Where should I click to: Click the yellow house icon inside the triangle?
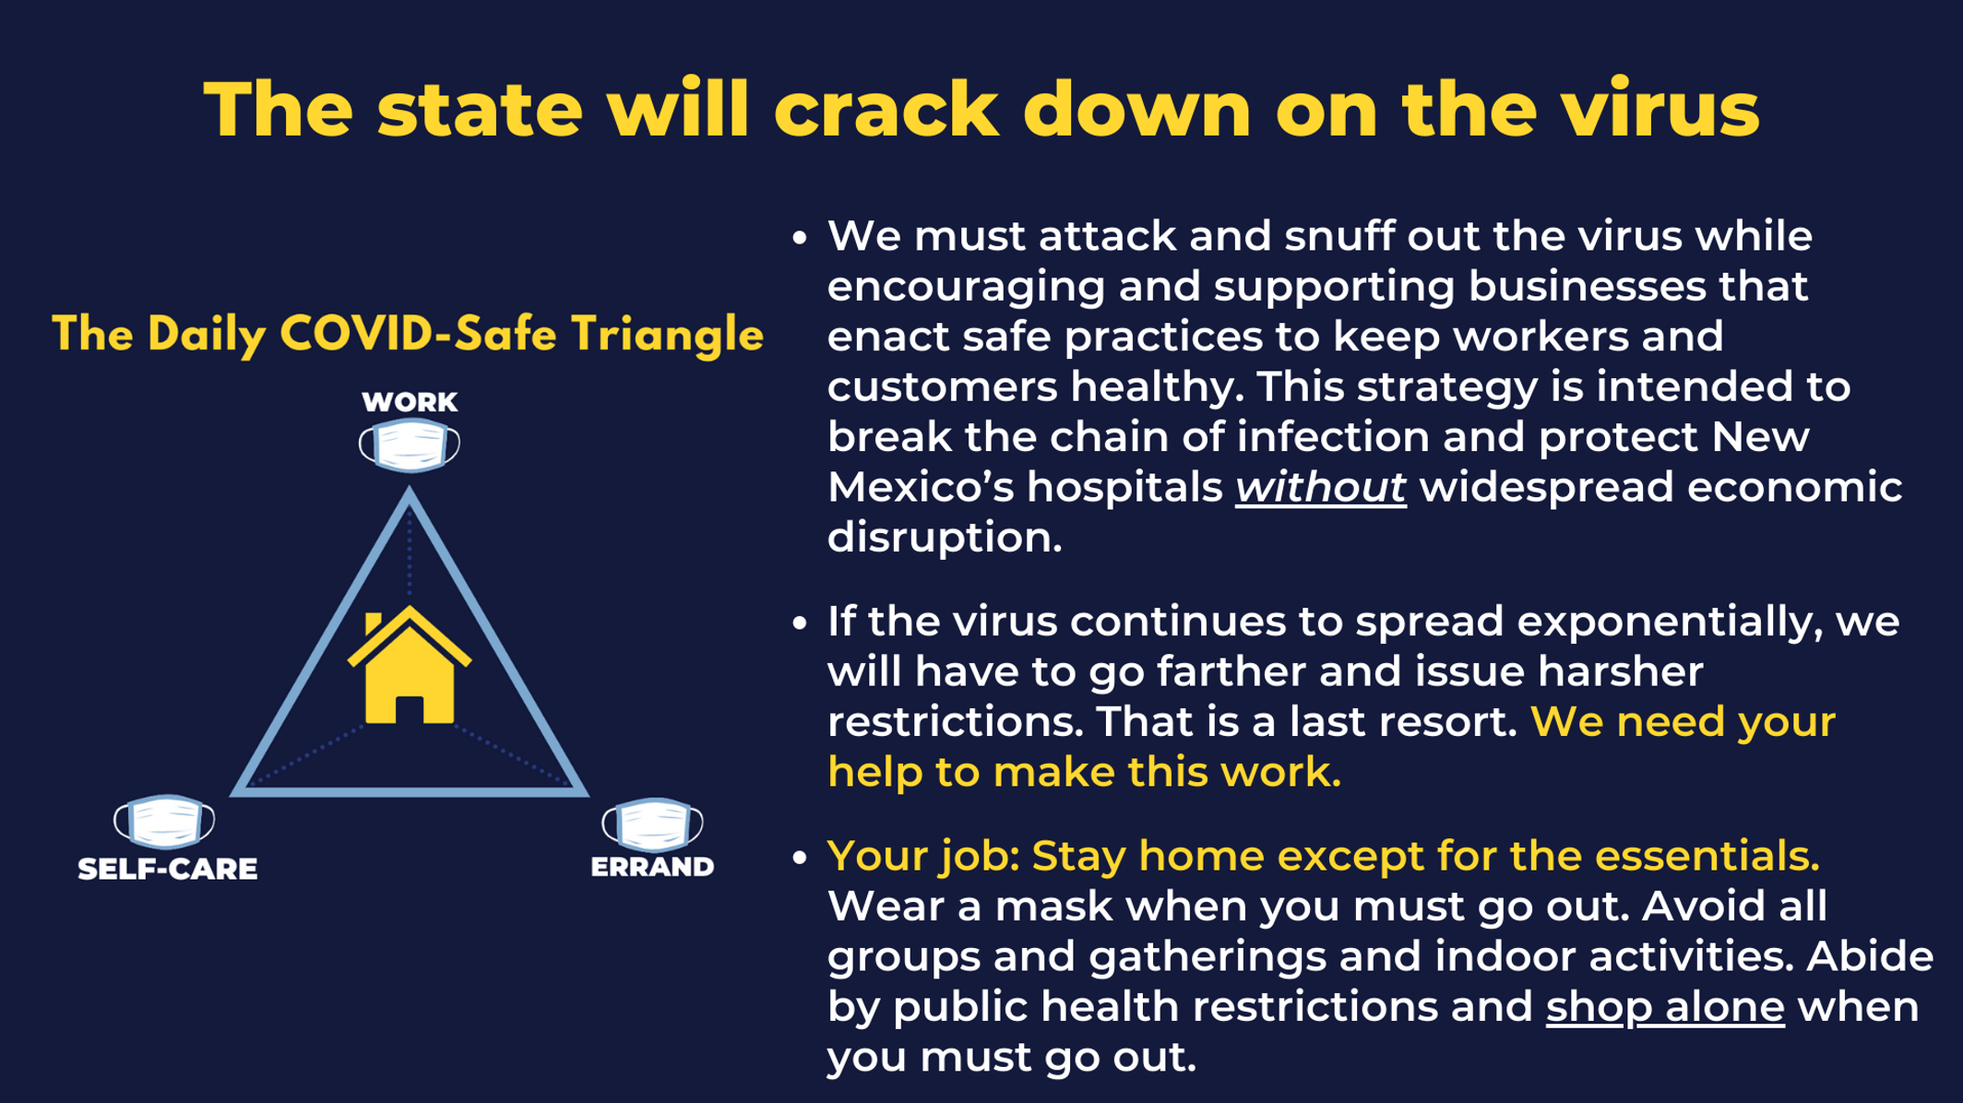point(410,665)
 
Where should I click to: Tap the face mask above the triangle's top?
point(410,445)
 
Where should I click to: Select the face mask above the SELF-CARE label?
point(164,821)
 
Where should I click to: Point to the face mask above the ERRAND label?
point(652,824)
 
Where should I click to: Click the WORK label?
point(410,402)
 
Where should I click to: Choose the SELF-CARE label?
point(168,869)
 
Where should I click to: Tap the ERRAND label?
point(652,867)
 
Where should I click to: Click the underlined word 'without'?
point(1321,488)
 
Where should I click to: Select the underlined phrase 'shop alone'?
point(1665,1007)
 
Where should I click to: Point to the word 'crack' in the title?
point(886,109)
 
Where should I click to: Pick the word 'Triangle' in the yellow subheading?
point(667,335)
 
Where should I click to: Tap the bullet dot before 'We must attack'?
point(800,239)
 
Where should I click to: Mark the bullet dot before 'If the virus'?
point(800,623)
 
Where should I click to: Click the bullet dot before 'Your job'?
point(800,859)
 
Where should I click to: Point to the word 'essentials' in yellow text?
point(1707,856)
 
